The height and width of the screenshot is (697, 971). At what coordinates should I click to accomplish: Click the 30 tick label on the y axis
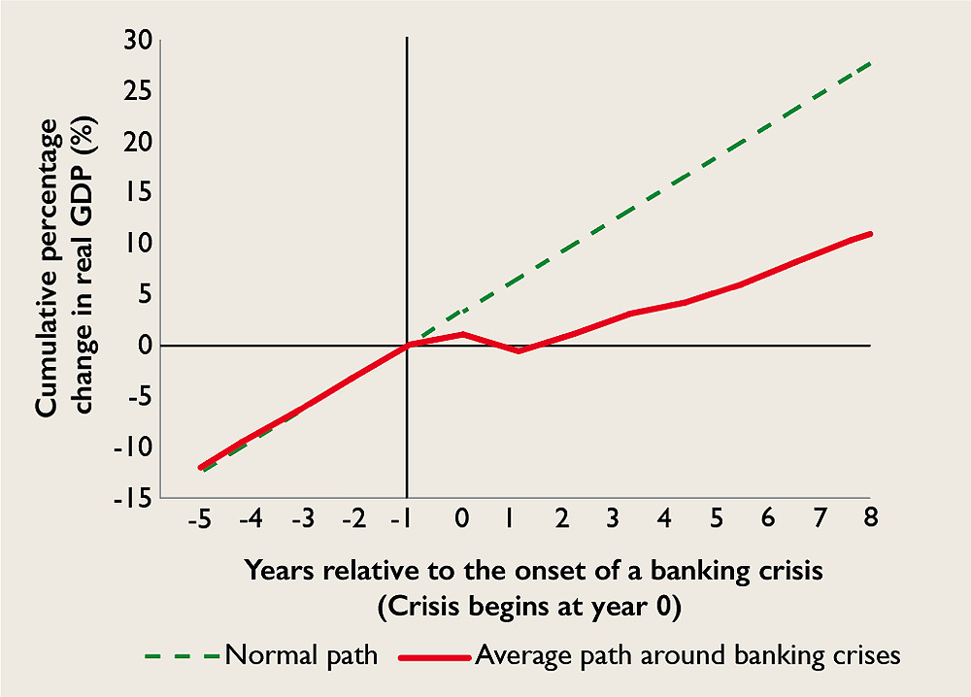coord(138,41)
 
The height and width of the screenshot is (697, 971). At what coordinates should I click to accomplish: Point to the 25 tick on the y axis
coord(138,91)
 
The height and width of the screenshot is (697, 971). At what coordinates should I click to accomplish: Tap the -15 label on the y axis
coord(132,498)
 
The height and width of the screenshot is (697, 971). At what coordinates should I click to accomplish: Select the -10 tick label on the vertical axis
coord(132,448)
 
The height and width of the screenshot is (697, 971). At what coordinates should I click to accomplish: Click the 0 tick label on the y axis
coord(145,346)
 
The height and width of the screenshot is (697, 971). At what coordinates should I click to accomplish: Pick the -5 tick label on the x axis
coord(200,518)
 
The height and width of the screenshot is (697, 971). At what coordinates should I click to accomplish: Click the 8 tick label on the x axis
coord(871,517)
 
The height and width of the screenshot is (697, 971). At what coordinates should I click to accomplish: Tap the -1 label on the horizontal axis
coord(402,518)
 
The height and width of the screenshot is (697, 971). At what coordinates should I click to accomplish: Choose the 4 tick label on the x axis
coord(664,517)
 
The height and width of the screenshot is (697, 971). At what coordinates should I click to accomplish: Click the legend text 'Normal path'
coord(302,655)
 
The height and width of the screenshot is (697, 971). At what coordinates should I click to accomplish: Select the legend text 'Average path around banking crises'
coord(688,655)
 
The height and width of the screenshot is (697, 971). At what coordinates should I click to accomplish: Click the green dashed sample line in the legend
coord(182,656)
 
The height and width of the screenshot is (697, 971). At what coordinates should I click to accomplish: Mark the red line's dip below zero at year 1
coord(519,351)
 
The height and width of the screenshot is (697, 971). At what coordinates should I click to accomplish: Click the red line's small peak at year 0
coord(462,334)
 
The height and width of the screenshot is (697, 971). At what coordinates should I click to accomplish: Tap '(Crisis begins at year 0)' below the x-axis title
coord(529,608)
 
